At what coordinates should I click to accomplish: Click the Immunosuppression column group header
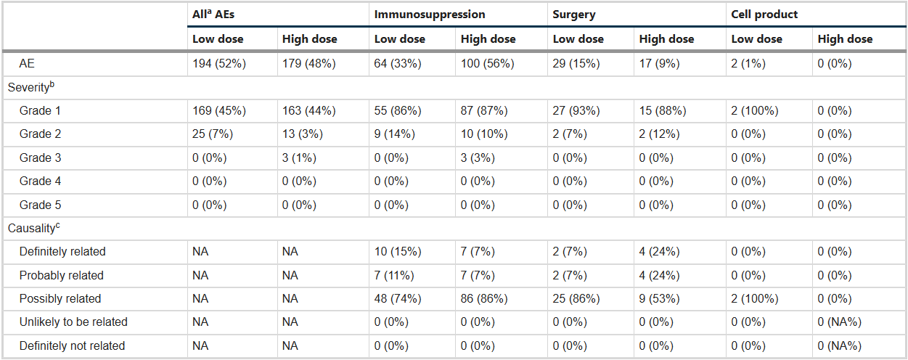(x=429, y=15)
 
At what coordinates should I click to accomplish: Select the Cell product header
(x=764, y=15)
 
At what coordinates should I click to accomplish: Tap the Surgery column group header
(x=574, y=15)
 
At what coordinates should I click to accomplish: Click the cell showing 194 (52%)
(x=219, y=64)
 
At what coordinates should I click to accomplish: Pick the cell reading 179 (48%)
(x=309, y=64)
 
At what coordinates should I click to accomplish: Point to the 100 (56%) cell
(x=487, y=64)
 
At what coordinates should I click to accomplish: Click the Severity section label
(x=30, y=87)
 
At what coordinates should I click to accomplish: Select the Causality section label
(x=33, y=228)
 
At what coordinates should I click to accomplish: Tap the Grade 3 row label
(x=40, y=157)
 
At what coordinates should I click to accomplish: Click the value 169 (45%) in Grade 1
(x=219, y=110)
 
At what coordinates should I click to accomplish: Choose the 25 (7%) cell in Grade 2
(x=213, y=134)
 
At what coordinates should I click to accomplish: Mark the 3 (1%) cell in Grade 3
(x=299, y=157)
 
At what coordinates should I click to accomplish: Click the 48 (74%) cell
(x=398, y=299)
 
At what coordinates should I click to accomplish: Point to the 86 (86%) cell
(x=484, y=299)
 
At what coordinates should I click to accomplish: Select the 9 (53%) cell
(x=659, y=299)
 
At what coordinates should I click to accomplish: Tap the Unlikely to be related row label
(x=73, y=322)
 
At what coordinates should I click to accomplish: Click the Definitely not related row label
(x=72, y=345)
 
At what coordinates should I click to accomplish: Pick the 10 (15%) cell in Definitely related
(x=398, y=252)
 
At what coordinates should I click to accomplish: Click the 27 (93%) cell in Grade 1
(x=576, y=110)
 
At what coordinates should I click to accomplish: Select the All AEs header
(x=213, y=15)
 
